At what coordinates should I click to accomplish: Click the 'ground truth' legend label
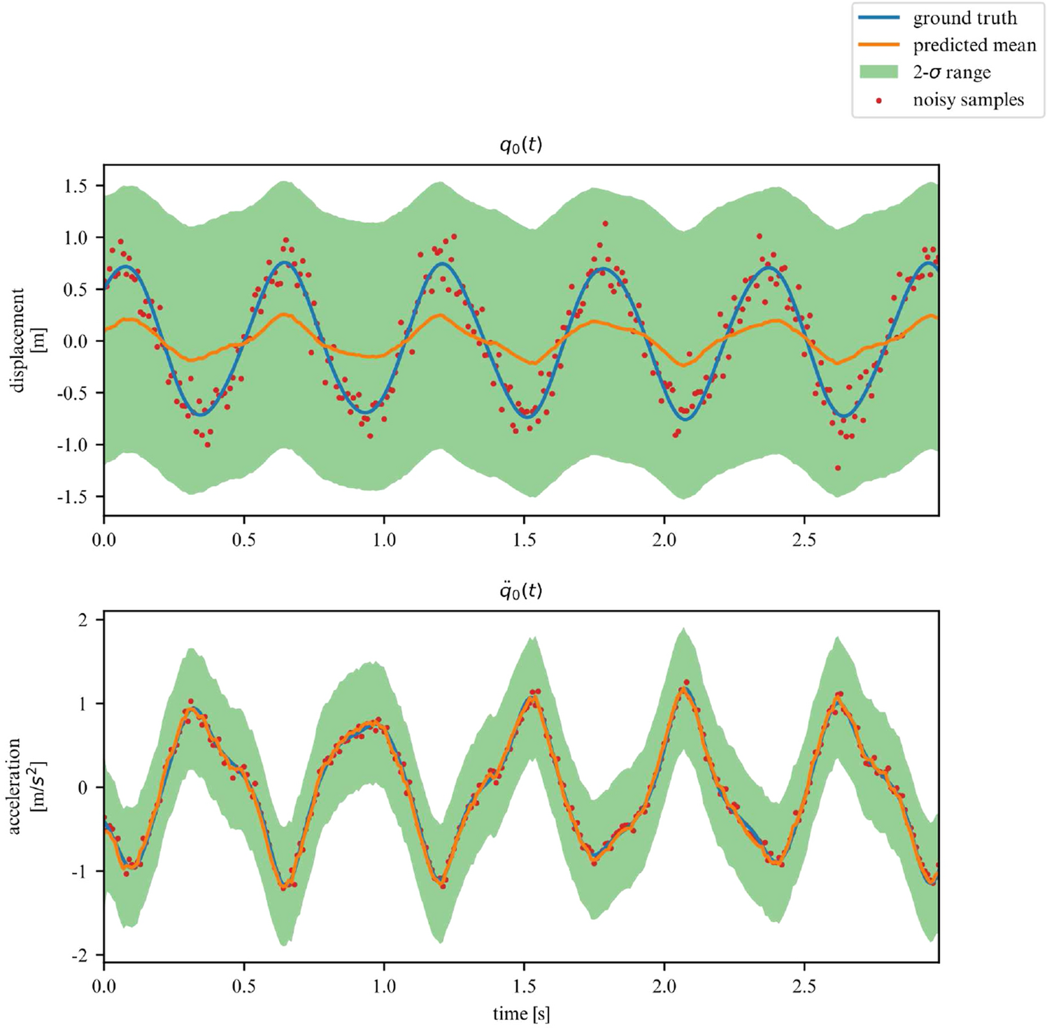(964, 18)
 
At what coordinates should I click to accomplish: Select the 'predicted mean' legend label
(974, 45)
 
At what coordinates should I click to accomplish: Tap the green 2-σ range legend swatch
(878, 72)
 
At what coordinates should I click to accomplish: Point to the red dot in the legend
(878, 101)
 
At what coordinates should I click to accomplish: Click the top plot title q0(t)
(521, 145)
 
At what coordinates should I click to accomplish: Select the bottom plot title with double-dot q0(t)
(521, 591)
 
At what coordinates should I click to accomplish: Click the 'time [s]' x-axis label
(521, 1014)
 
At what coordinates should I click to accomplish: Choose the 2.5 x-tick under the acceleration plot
(804, 986)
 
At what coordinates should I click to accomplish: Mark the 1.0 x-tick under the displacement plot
(384, 540)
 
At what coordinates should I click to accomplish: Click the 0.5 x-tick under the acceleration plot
(243, 986)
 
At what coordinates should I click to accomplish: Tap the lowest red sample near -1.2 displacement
(838, 468)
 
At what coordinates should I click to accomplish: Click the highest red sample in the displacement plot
(605, 224)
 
